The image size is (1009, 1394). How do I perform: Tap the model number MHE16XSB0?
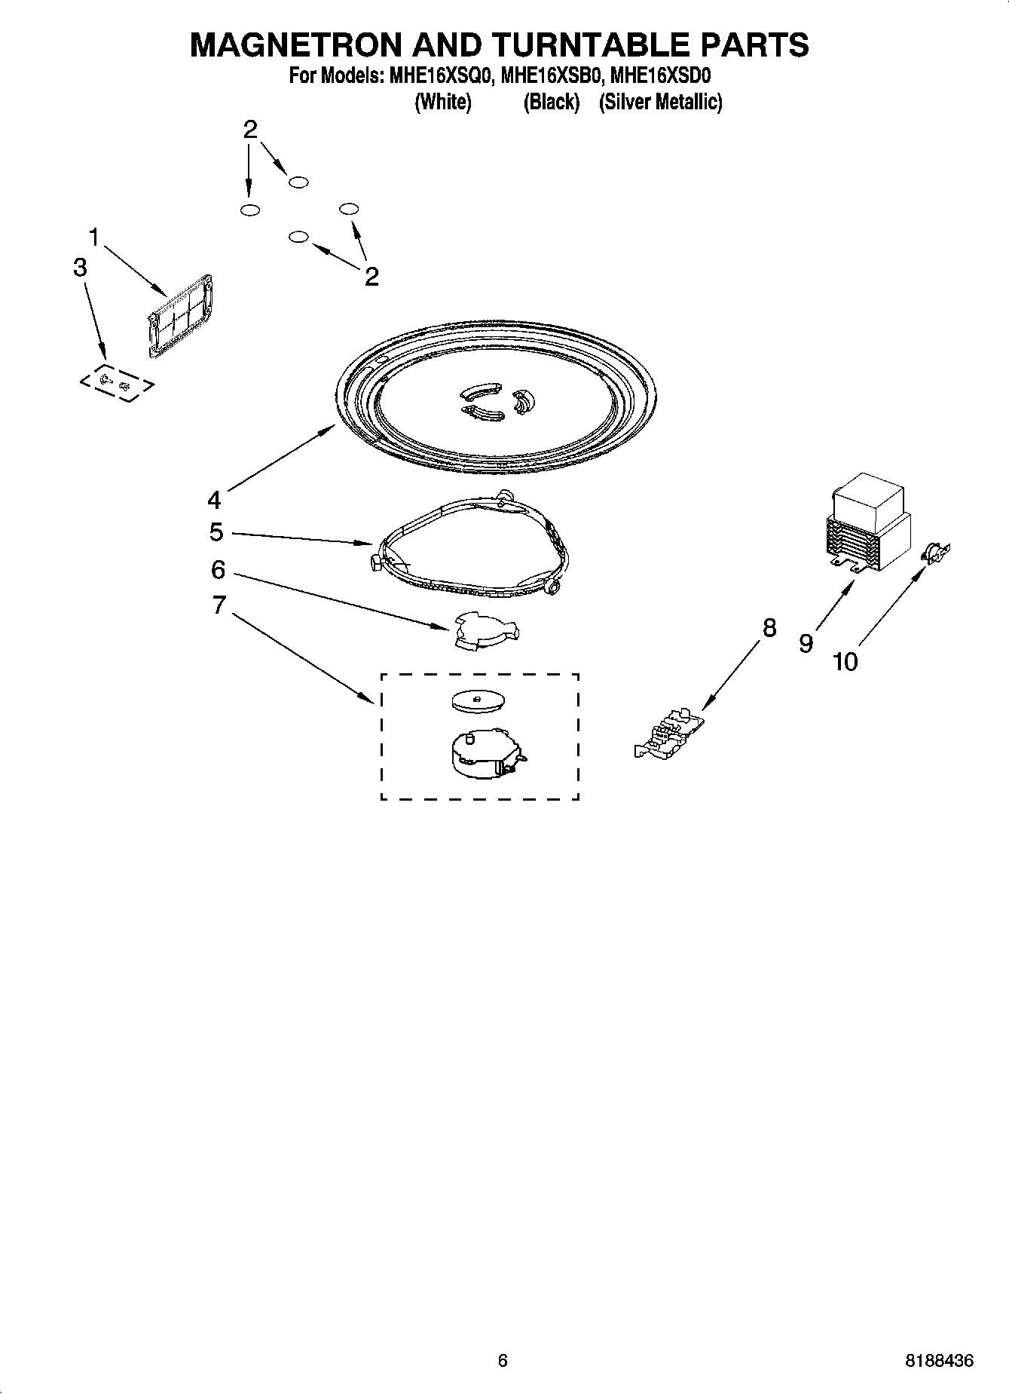click(x=548, y=76)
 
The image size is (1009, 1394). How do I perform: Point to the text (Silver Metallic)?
click(x=660, y=102)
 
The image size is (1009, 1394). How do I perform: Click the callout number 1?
click(x=94, y=238)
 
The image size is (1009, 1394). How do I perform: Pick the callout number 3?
click(x=80, y=267)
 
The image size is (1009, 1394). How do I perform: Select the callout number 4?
click(x=215, y=500)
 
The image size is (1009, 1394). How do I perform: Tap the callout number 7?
click(x=219, y=605)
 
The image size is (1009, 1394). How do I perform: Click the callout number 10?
click(x=845, y=662)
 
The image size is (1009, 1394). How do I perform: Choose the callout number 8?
click(x=769, y=627)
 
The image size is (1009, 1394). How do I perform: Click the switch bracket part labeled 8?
click(x=671, y=735)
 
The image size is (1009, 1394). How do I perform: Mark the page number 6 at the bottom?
click(x=503, y=1360)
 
